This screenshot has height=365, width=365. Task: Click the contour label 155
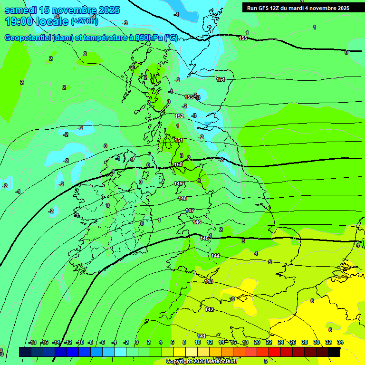click(x=243, y=38)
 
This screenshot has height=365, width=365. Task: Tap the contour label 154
click(x=221, y=79)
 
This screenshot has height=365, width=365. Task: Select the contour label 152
click(x=179, y=116)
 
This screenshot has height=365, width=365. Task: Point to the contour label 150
click(x=178, y=164)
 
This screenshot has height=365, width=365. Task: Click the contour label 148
click(x=182, y=198)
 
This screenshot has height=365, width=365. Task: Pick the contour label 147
click(x=190, y=211)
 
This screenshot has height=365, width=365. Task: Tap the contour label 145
click(x=204, y=238)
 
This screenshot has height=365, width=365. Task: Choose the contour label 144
click(x=215, y=256)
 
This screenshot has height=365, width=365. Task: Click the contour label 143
click(x=209, y=282)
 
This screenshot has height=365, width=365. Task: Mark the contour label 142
click(x=209, y=309)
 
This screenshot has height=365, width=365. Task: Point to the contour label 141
click(x=202, y=336)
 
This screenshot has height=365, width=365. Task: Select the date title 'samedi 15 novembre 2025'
click(x=62, y=10)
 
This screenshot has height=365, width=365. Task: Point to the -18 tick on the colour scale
click(x=32, y=342)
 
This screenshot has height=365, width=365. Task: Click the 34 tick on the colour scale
click(x=340, y=342)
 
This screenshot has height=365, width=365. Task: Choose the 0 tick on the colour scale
click(x=137, y=342)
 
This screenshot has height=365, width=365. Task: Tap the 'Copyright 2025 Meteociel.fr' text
click(x=202, y=361)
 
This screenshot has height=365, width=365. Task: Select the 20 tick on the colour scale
click(x=257, y=342)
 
